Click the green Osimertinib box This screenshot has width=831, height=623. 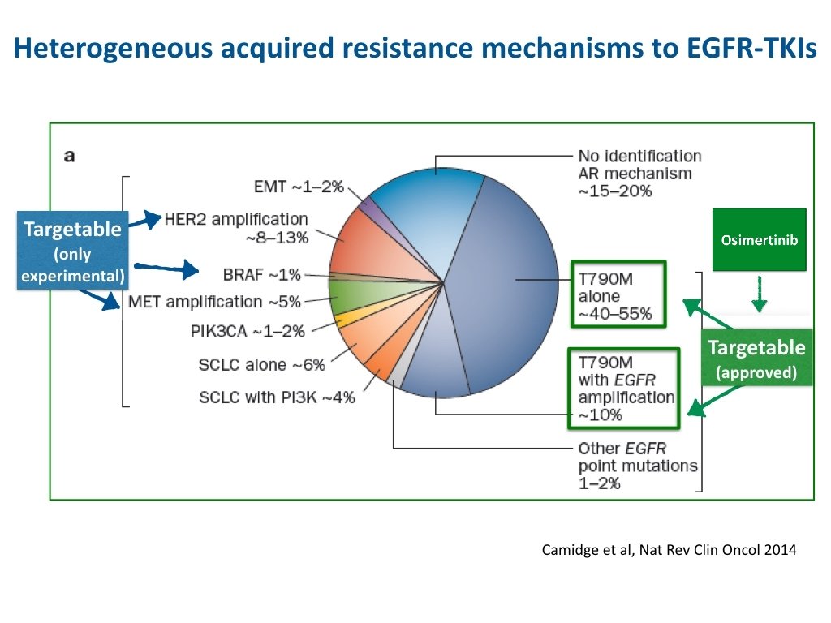tap(759, 239)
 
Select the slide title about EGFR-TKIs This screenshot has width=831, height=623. tap(415, 50)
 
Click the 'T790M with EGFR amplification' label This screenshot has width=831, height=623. tap(625, 388)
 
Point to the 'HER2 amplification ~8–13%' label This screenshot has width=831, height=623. tap(236, 228)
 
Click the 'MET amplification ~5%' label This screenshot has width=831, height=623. tap(214, 302)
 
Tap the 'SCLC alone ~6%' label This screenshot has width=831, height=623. tap(261, 365)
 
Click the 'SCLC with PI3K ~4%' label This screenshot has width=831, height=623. tap(277, 397)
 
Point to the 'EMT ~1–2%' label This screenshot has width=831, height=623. tap(299, 187)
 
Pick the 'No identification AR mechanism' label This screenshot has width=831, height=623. tap(639, 173)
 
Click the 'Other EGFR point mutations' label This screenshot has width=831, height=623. tap(637, 466)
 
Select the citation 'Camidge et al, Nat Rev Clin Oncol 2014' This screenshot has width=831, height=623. tap(669, 550)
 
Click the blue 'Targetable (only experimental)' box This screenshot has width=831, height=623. tap(73, 251)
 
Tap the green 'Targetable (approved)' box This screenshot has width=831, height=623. tap(756, 359)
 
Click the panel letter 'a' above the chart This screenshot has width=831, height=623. tap(69, 156)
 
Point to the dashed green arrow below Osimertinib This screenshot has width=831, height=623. tap(759, 294)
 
